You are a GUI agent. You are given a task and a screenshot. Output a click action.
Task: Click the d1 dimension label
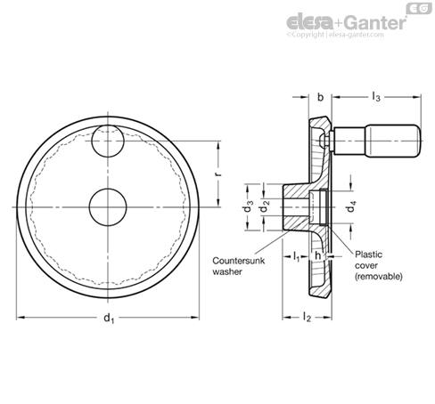pos(109,318)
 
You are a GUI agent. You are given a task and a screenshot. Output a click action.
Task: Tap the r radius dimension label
pos(218,174)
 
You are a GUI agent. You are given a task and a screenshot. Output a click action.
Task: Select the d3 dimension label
pos(249,207)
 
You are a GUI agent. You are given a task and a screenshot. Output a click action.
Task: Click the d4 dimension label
pos(351,206)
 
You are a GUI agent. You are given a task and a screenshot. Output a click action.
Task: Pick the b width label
pos(320,97)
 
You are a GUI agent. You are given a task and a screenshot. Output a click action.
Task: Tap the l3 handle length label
pos(376,97)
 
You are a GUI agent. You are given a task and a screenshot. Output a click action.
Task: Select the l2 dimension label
pos(307,318)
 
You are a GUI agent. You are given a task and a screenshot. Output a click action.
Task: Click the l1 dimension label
pos(296,256)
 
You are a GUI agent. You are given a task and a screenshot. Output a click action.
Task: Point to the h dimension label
pos(317,255)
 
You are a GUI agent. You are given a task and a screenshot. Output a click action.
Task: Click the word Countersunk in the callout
pos(238,261)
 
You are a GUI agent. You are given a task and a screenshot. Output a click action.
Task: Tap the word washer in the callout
pos(227,271)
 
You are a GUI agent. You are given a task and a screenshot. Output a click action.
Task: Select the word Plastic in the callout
pos(369,255)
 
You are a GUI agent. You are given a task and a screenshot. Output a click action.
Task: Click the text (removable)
pos(379,277)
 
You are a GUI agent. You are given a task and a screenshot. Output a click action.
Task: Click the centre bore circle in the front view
pos(108,206)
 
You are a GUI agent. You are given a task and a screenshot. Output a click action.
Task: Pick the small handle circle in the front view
pos(108,141)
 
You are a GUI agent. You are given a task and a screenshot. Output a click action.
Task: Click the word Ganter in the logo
pos(376,22)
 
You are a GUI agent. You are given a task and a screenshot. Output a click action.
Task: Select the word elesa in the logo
pos(310,22)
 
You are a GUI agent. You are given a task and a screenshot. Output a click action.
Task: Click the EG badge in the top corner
pos(419,9)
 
